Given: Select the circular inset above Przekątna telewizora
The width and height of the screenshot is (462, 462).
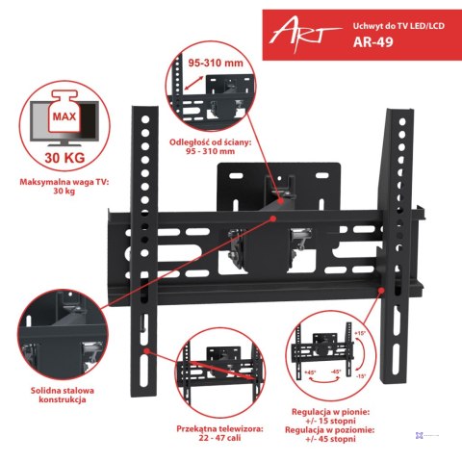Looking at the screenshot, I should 218,369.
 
